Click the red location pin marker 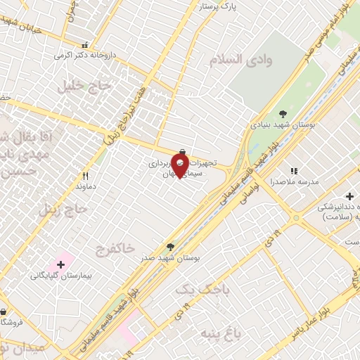point(179,165)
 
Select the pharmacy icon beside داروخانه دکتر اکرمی point(85,44)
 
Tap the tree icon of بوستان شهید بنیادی point(283,113)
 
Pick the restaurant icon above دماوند point(86,176)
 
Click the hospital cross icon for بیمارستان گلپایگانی point(61,264)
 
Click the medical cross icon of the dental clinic point(349,195)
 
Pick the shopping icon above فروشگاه point(3,311)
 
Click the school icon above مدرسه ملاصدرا point(294,170)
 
